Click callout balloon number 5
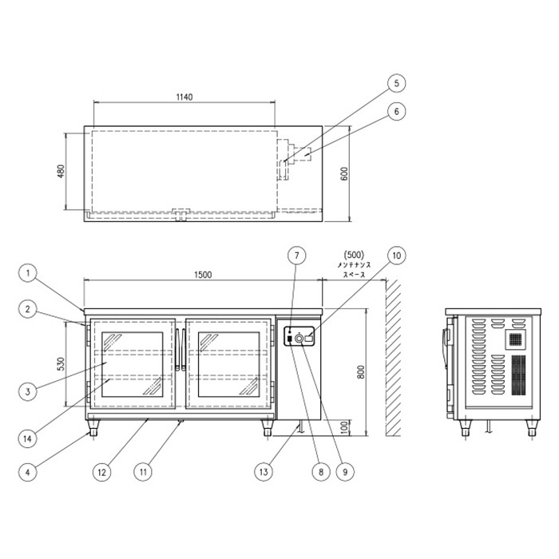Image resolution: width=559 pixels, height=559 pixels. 396,83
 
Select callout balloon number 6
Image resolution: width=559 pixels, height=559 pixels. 396,112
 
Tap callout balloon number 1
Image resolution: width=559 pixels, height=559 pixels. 28,274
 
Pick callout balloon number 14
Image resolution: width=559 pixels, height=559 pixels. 28,438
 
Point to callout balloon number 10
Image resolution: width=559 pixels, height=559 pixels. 396,256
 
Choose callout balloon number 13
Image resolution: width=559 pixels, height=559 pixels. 264,472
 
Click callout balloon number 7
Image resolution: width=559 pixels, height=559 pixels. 297,256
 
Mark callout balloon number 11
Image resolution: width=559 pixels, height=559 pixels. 143,472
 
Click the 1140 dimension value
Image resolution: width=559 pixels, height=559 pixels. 184,97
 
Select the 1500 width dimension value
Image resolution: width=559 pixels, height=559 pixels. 203,275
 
